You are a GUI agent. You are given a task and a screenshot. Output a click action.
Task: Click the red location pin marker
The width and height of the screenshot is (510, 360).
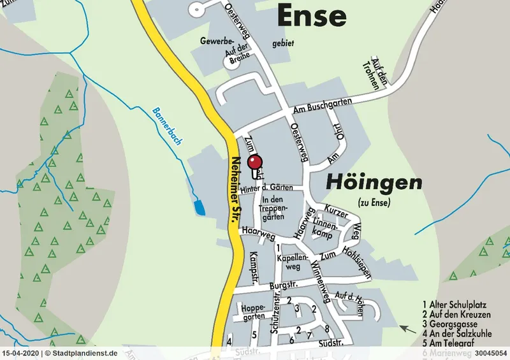click(x=255, y=162)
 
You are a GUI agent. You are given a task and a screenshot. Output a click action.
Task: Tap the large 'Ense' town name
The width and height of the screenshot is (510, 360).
click(x=312, y=15)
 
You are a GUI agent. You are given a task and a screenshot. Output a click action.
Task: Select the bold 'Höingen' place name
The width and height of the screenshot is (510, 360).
click(x=374, y=183)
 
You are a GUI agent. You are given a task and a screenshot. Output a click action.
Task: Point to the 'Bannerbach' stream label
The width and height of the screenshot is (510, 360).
click(x=166, y=126)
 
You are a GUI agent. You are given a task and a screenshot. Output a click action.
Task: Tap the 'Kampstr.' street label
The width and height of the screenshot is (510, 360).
click(x=253, y=266)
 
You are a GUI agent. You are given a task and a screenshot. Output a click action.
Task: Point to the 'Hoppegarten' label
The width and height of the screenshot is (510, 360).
click(x=253, y=312)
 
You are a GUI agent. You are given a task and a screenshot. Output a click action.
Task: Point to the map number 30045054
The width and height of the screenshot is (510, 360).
click(x=491, y=352)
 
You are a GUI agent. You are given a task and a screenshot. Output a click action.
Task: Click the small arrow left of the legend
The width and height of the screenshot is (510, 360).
click(x=404, y=328)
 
